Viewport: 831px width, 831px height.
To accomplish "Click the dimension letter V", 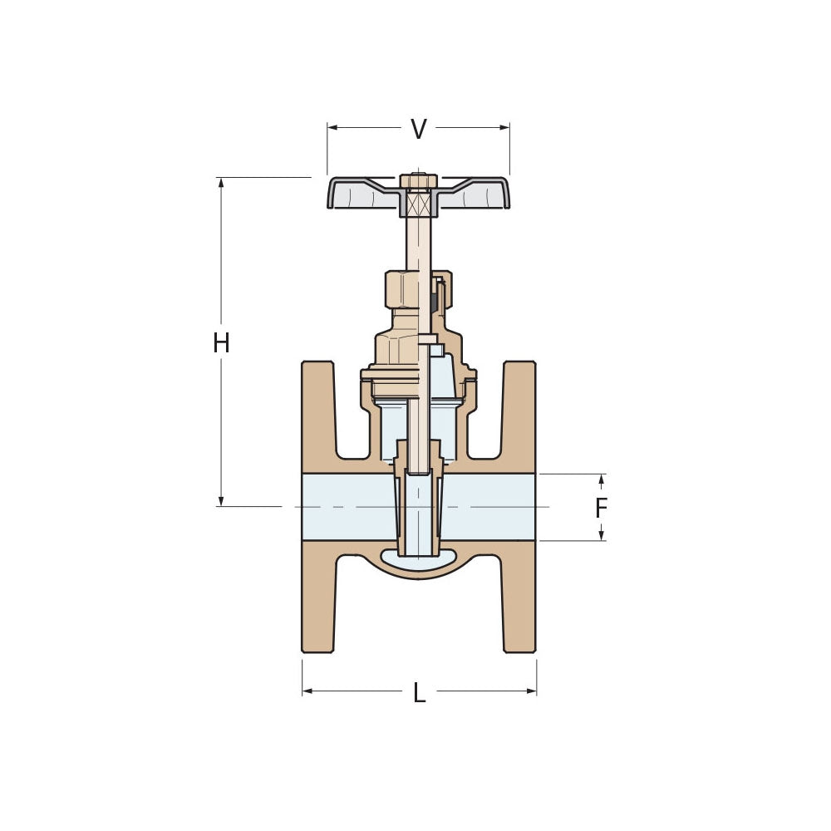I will (x=419, y=129).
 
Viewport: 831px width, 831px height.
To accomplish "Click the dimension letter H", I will (x=221, y=342).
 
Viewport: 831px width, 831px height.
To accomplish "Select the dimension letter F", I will (x=602, y=508).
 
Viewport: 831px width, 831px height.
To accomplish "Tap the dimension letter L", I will (x=420, y=693).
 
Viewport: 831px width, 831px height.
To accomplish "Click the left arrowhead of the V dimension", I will (x=332, y=127).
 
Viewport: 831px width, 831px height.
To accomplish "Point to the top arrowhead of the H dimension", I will (x=221, y=182).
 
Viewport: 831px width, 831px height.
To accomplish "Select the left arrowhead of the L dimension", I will (x=307, y=691).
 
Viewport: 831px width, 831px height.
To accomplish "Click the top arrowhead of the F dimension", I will (x=602, y=479).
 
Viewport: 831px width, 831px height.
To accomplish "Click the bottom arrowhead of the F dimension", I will (x=602, y=535).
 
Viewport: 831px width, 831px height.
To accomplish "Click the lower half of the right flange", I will (x=519, y=598).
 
